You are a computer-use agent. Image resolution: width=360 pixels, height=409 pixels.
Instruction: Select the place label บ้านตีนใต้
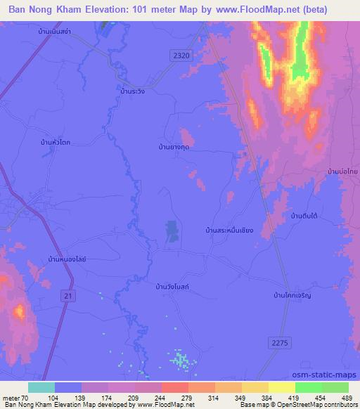coord(307,216)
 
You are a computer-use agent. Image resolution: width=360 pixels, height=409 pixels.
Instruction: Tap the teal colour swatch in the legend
coord(41,387)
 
